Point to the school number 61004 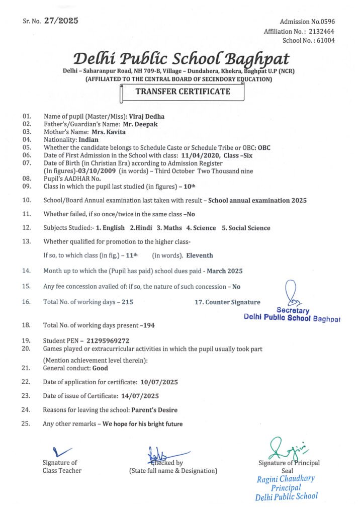[324, 40]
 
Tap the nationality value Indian [88, 139]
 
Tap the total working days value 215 [127, 302]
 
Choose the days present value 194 [149, 325]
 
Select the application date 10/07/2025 [159, 382]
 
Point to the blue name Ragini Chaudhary [286, 478]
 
